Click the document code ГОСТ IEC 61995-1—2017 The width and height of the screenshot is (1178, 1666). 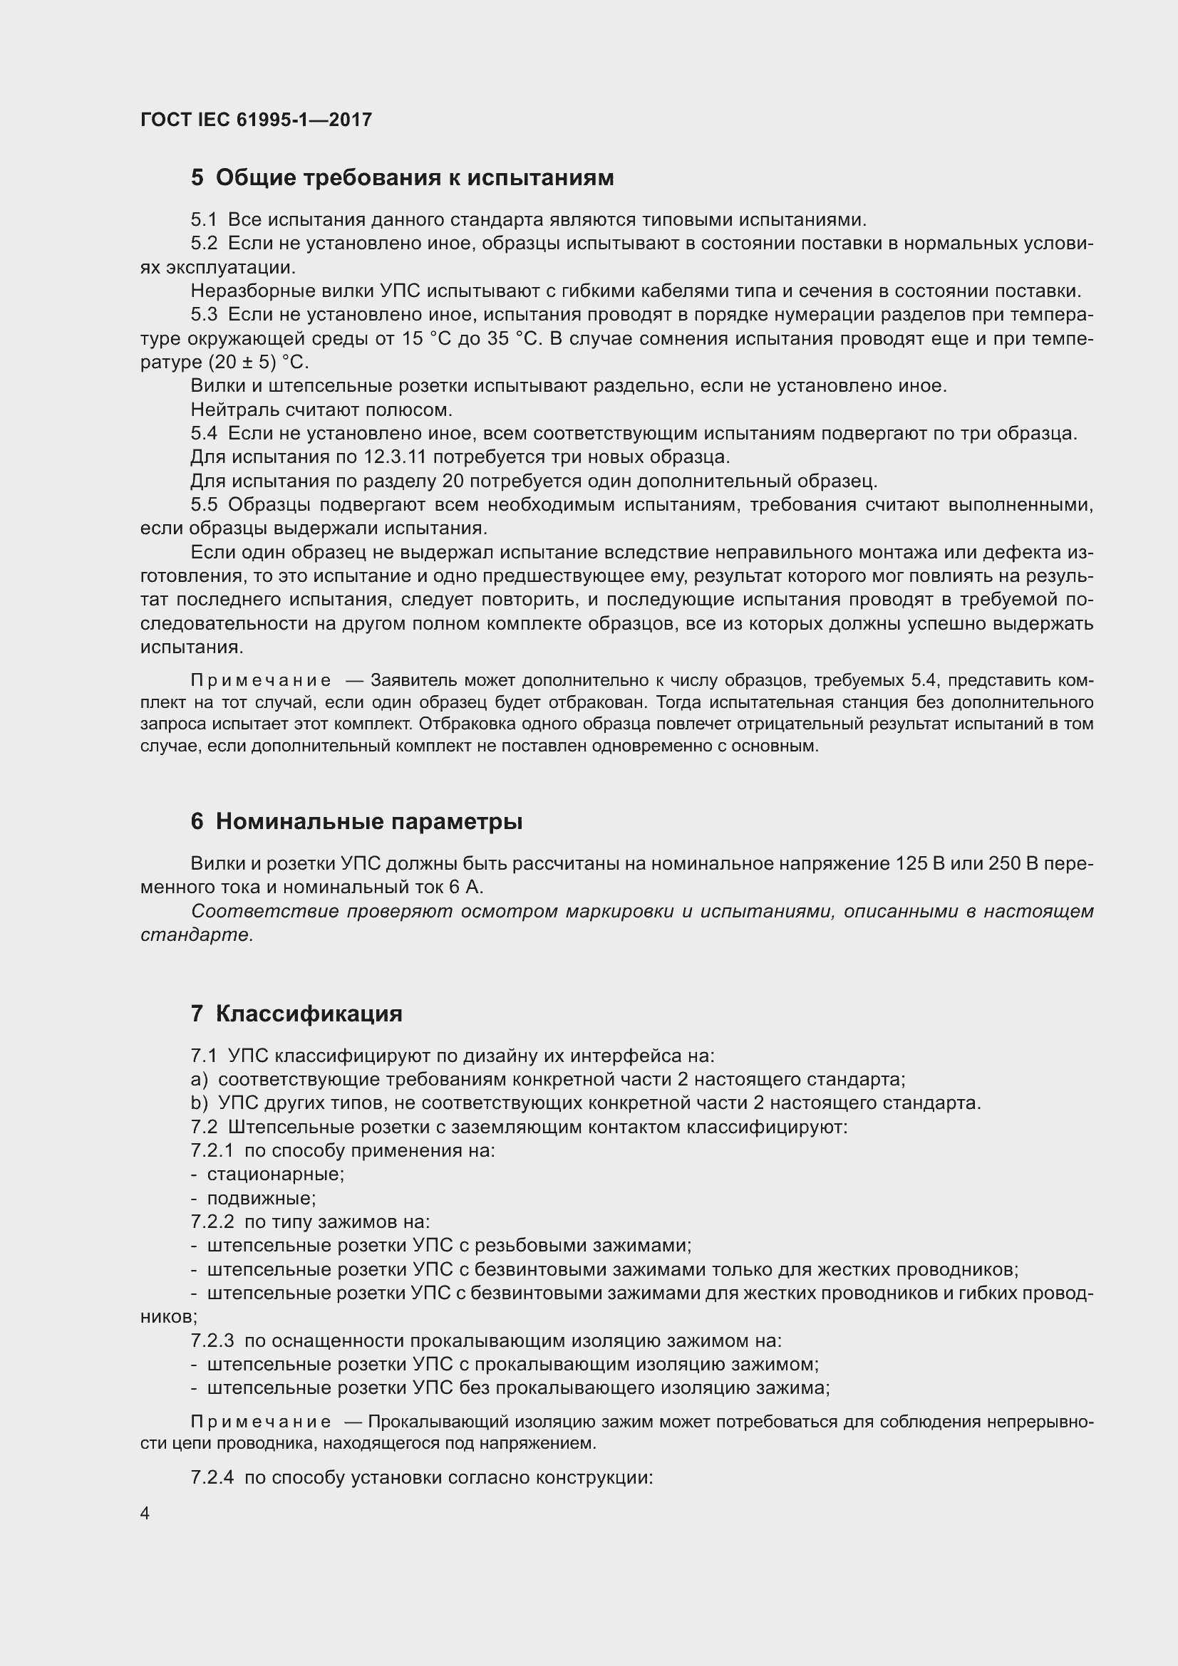pos(256,120)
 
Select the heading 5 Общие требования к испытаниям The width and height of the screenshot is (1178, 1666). pos(402,178)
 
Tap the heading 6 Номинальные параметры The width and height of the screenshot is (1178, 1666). pos(356,821)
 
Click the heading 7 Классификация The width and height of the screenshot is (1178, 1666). pos(296,1014)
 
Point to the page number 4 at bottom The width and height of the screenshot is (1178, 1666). pos(145,1513)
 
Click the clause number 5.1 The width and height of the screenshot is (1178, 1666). pos(203,220)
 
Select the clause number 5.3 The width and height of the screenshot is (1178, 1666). pos(203,315)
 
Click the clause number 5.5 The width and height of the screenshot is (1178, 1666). pos(203,505)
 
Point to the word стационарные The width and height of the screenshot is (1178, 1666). pos(275,1174)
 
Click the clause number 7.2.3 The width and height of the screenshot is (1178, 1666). pos(212,1341)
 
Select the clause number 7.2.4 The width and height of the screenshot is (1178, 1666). pos(212,1478)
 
